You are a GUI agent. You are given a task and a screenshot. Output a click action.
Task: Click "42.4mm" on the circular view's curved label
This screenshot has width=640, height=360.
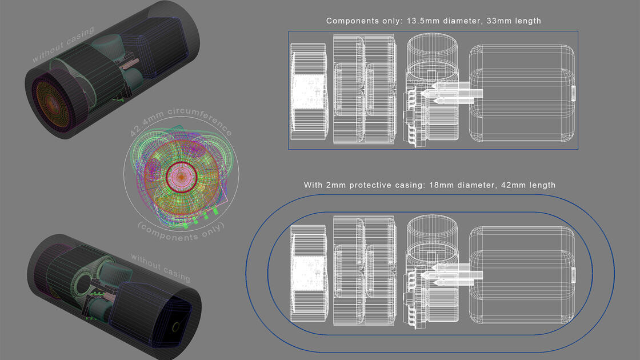pos(147,123)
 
